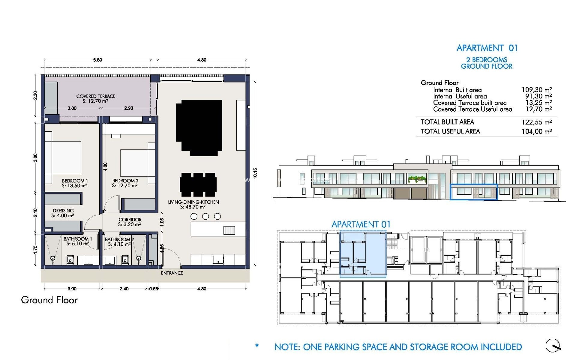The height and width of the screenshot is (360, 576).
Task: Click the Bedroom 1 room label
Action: coord(75,183)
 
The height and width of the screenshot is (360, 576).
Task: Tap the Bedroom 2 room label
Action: coord(125,183)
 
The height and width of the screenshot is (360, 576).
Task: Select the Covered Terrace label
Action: coord(96,98)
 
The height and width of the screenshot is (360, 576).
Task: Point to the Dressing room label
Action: coord(63,213)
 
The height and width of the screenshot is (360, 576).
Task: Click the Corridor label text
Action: coord(130,222)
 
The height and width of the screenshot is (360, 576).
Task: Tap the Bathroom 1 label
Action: coord(77,241)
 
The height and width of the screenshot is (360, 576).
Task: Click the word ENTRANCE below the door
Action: coord(172,273)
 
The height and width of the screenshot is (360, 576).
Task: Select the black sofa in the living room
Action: coord(199,127)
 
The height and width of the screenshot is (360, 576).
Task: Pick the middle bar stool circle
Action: coord(205,216)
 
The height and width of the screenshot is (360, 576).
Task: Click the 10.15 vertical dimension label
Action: coord(255,173)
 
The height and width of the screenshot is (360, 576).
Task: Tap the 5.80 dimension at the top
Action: coord(97,60)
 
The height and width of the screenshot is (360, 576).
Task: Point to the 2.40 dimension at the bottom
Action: coord(124,289)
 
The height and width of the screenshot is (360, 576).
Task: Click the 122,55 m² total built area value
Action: coord(536,122)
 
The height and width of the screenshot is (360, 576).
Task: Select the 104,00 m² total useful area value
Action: coord(536,131)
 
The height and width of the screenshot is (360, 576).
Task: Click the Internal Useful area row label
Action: coord(460,96)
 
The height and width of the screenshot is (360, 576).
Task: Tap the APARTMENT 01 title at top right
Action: coord(487,48)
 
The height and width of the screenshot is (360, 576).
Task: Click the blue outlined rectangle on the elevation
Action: coord(474,192)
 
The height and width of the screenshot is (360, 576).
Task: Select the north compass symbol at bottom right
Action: coord(553,346)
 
